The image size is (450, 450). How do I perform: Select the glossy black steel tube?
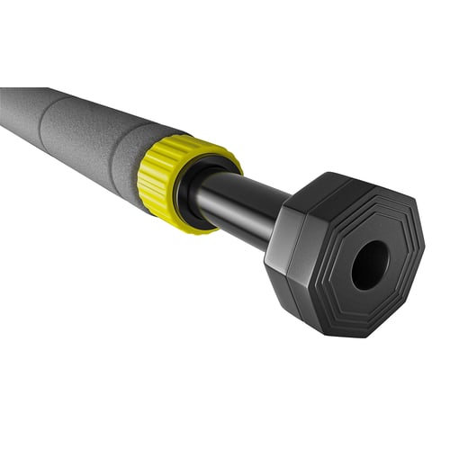coord(238,205)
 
